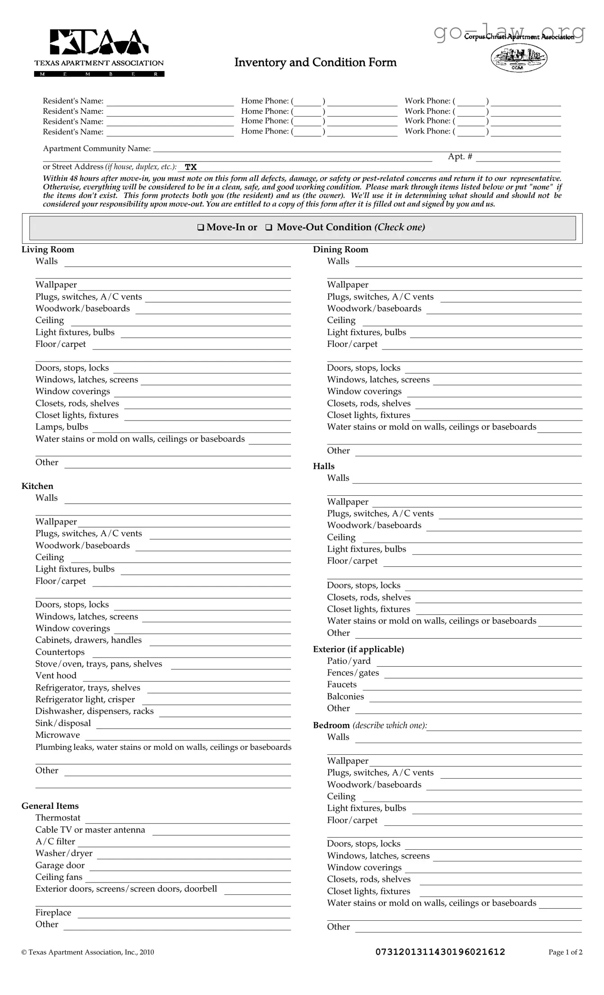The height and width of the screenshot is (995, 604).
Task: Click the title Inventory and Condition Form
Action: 315,63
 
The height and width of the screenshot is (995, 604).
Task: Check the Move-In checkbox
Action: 201,228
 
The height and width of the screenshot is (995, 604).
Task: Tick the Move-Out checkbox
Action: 269,228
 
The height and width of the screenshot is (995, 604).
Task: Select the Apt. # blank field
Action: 518,157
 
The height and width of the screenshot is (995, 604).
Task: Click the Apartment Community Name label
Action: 97,148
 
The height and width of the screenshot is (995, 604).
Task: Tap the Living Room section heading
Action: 48,250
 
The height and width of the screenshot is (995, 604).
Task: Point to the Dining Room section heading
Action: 340,250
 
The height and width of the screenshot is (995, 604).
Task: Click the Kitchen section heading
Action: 37,486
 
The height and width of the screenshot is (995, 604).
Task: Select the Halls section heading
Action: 324,466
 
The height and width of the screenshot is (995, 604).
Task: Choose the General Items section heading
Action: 50,806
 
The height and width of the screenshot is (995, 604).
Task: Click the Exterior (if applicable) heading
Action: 358,649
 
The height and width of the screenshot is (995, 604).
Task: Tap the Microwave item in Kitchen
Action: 58,735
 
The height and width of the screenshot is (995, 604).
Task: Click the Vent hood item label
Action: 56,676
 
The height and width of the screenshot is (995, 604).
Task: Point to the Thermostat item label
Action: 58,818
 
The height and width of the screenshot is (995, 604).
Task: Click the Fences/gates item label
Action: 353,673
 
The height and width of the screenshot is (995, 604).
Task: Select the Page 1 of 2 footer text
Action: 565,952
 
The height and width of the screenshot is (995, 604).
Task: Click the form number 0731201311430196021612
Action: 440,952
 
